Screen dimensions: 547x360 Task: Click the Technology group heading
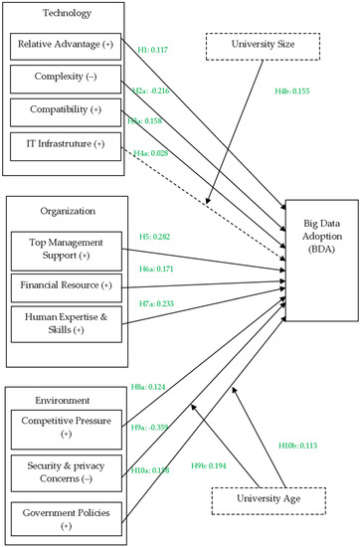pyautogui.click(x=68, y=14)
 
